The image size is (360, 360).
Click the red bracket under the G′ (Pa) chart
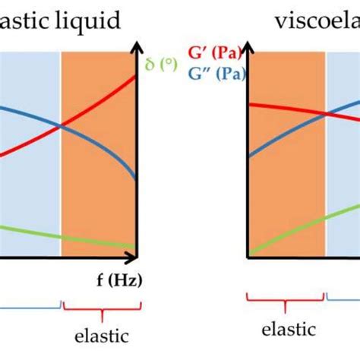pyautogui.click(x=285, y=304)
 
